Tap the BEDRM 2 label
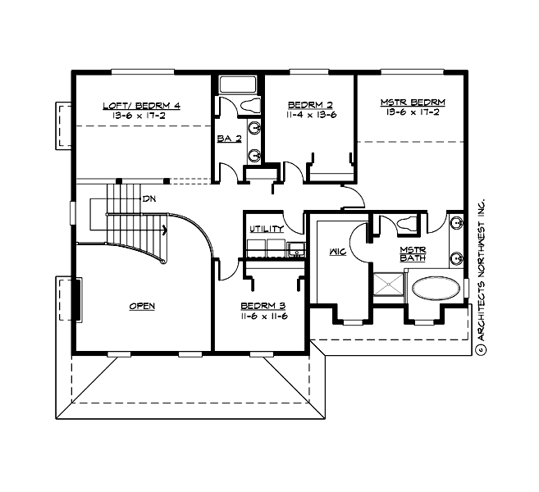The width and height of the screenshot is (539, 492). click(x=310, y=105)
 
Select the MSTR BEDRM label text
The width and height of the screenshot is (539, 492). click(x=413, y=102)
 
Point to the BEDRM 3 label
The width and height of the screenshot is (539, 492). click(x=262, y=306)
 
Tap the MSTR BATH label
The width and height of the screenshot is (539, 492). click(x=413, y=254)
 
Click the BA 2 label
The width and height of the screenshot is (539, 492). click(x=229, y=139)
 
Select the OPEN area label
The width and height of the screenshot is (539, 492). click(x=142, y=306)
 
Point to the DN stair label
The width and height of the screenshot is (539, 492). click(x=149, y=199)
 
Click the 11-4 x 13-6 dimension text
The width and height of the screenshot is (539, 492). click(x=310, y=116)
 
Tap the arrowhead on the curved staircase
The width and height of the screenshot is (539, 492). click(x=166, y=230)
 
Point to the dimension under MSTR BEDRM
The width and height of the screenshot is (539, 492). click(x=413, y=112)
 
